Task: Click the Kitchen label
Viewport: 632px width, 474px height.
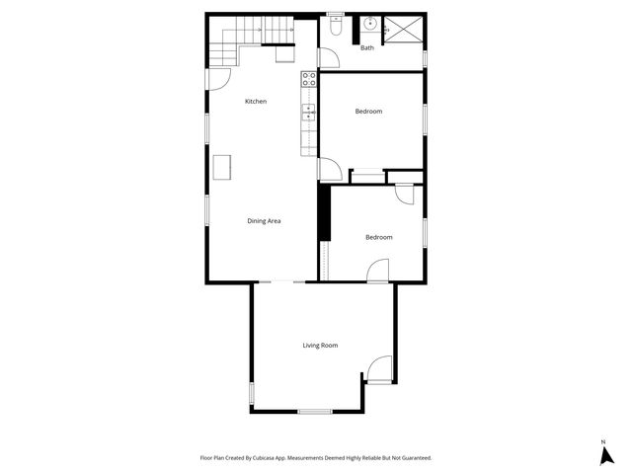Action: coord(256,102)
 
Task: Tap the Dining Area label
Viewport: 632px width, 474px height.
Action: coord(264,220)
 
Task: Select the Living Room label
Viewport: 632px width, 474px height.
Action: coord(320,345)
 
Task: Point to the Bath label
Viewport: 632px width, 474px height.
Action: coord(366,47)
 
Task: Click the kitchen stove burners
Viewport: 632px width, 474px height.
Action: coord(308,79)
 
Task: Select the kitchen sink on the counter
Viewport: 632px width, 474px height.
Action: coord(308,111)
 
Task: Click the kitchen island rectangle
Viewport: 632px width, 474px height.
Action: coord(223,167)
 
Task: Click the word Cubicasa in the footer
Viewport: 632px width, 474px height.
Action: coord(264,458)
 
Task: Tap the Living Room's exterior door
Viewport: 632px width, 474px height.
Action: coord(379,369)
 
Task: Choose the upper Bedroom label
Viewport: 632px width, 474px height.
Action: coord(368,112)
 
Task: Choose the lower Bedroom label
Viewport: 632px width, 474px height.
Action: coord(378,237)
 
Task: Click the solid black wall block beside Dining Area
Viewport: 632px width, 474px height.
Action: coord(322,211)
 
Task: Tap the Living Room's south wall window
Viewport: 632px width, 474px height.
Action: coord(314,410)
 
